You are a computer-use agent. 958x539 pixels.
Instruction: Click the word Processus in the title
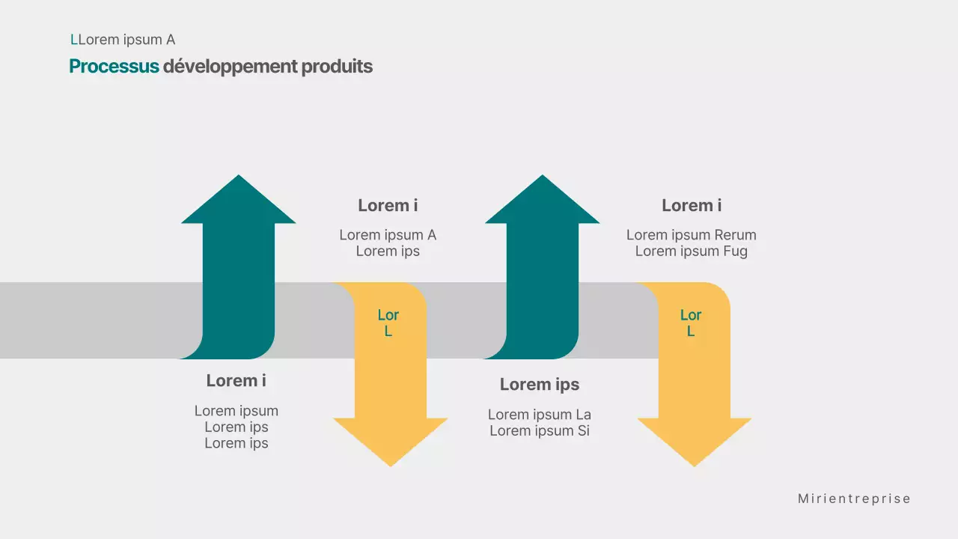pos(114,67)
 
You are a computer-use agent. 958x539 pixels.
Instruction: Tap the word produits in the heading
pos(337,67)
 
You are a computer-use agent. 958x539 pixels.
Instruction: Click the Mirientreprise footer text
pos(854,499)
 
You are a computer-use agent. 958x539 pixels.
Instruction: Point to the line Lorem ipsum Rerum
pos(691,235)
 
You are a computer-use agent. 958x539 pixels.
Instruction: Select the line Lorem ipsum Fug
pos(691,252)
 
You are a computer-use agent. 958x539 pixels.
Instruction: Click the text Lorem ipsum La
pos(539,415)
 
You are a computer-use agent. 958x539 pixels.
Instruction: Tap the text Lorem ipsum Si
pos(539,430)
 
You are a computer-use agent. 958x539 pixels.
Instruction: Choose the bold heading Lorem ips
pos(539,385)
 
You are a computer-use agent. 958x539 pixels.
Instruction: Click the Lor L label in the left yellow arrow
pos(388,323)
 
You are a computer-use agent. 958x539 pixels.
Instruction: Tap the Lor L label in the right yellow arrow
pos(691,323)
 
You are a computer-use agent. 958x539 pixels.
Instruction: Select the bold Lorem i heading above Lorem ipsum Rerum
pos(692,205)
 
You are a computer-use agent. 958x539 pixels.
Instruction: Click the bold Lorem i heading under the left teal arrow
pos(236,380)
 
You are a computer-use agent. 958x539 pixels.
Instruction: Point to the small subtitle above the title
pos(123,40)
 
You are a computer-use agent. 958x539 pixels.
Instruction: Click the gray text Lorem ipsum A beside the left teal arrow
pos(388,235)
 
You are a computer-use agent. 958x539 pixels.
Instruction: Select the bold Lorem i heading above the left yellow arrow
pos(388,205)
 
